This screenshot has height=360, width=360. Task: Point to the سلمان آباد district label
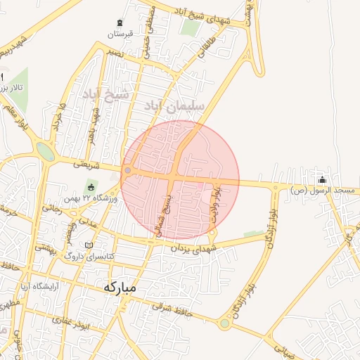173,105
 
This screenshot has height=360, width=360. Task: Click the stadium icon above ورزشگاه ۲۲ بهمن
91,186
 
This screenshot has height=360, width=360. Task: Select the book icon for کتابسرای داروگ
89,245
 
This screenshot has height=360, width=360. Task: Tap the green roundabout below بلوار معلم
45,151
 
